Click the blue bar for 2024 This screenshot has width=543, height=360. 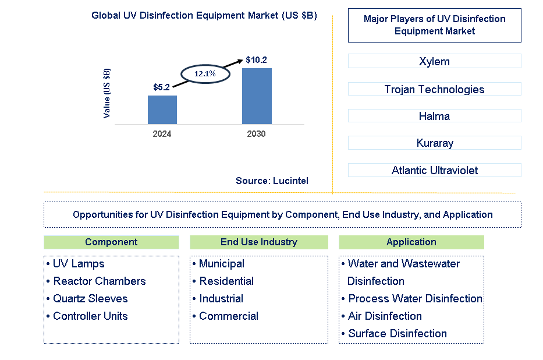[x=162, y=110]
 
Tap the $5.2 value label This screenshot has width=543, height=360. [x=161, y=87]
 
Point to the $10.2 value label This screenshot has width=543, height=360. [x=256, y=60]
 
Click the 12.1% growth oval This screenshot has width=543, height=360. [x=205, y=74]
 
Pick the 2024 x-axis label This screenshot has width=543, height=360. [x=162, y=134]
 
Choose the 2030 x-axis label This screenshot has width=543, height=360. [x=256, y=134]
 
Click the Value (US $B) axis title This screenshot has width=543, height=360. [x=107, y=93]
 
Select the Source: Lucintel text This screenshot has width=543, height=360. [x=272, y=181]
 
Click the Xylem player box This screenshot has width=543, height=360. [x=434, y=62]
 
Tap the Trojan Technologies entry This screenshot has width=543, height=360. [x=434, y=89]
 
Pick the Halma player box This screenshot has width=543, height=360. [x=434, y=116]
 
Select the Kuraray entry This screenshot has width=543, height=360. [x=434, y=143]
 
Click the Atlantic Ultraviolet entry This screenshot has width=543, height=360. [x=434, y=170]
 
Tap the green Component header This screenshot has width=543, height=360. [x=111, y=242]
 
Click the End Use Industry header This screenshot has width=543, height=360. [x=259, y=242]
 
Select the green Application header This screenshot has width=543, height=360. [x=411, y=242]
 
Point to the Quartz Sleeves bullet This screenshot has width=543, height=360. [x=90, y=299]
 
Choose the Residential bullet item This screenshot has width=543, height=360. [x=226, y=281]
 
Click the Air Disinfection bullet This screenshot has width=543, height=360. [x=384, y=316]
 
